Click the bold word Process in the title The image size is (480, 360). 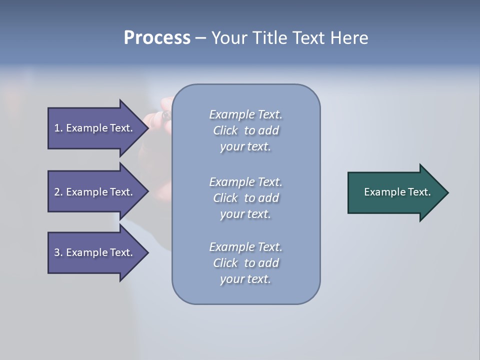pyautogui.click(x=157, y=38)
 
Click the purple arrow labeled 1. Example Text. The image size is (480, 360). pyautogui.click(x=95, y=128)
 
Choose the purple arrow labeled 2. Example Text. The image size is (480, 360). pyautogui.click(x=95, y=192)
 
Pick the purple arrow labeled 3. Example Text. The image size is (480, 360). pyautogui.click(x=95, y=252)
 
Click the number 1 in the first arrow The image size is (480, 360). pyautogui.click(x=57, y=128)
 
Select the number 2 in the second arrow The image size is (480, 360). pyautogui.click(x=57, y=192)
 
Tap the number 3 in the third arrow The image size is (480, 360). pyautogui.click(x=57, y=252)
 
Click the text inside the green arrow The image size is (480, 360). pyautogui.click(x=397, y=192)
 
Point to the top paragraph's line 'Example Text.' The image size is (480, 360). pyautogui.click(x=245, y=114)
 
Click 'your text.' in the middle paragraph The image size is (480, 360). pyautogui.click(x=245, y=214)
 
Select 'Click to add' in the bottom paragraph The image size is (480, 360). pyautogui.click(x=245, y=263)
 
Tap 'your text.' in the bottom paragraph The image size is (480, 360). pyautogui.click(x=245, y=279)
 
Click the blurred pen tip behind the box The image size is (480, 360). pyautogui.click(x=165, y=115)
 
